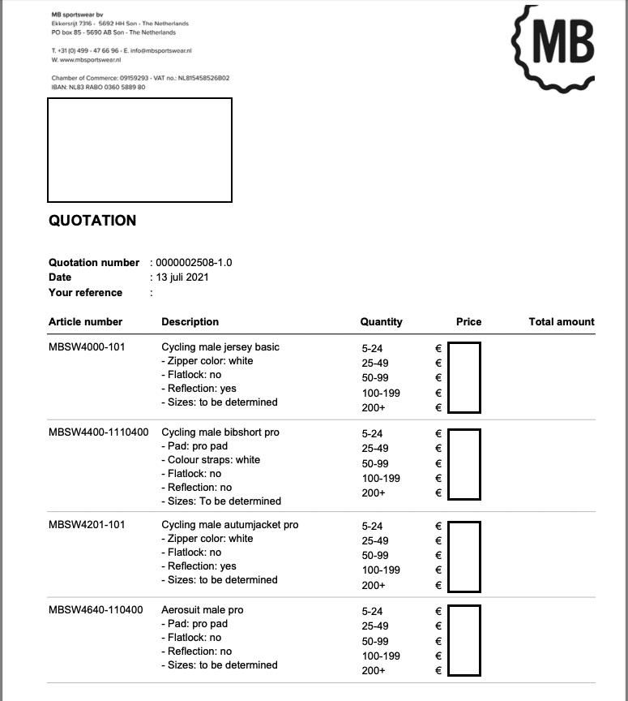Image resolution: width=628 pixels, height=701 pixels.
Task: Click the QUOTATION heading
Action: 92,221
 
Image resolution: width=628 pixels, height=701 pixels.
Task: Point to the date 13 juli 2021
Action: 181,277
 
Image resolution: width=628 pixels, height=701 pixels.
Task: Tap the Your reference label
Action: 85,293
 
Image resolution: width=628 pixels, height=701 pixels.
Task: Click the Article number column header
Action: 85,322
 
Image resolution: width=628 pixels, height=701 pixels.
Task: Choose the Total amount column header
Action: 561,322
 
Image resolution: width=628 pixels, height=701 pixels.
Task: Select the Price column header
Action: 468,322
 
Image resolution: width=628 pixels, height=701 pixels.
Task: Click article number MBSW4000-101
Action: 87,347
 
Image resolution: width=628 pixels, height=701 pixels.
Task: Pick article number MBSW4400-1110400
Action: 98,432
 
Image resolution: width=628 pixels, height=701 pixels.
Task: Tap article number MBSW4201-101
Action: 87,525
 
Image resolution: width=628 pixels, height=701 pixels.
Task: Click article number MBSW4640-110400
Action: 96,610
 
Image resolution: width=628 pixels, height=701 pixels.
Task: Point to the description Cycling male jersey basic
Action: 220,347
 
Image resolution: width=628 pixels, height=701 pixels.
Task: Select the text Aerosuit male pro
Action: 203,610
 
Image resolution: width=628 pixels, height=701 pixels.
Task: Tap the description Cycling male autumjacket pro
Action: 230,525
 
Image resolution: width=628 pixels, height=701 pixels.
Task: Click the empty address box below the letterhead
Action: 139,150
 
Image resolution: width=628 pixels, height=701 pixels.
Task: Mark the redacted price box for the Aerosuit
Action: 464,640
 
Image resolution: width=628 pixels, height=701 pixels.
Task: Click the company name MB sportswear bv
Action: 78,15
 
